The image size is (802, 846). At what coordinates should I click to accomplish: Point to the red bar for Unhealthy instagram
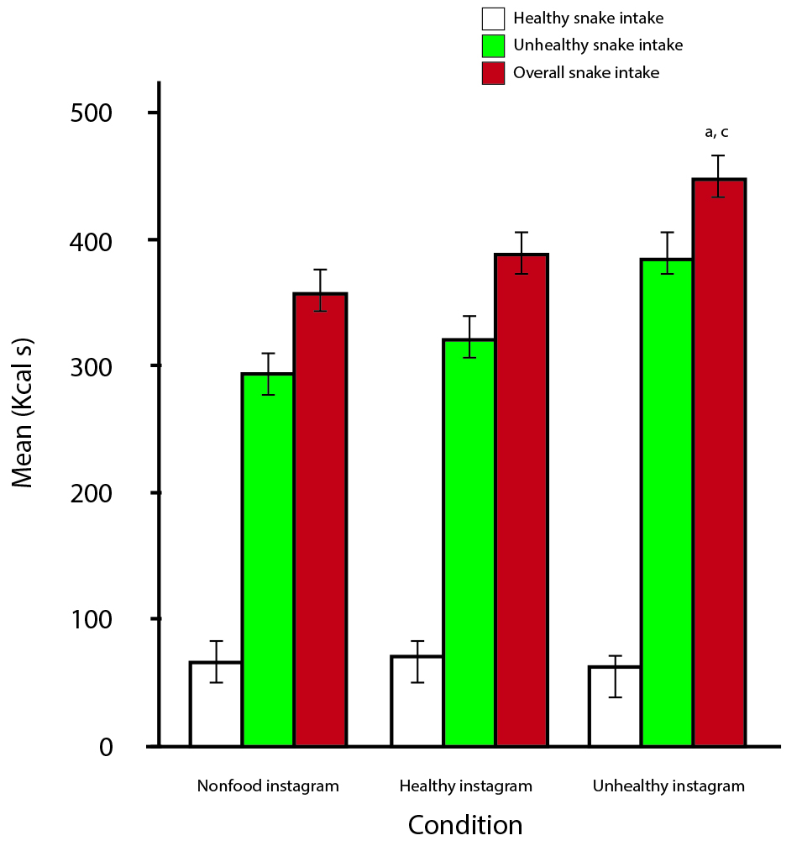(720, 462)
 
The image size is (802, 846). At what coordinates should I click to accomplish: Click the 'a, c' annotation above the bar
(716, 132)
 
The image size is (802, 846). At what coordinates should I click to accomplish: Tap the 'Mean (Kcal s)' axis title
(23, 430)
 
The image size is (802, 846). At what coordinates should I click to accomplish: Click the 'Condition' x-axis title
(465, 824)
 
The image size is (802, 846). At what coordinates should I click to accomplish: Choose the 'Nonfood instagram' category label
(268, 787)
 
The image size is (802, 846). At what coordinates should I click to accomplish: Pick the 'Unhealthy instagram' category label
(668, 787)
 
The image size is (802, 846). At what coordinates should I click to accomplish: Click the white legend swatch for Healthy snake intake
(493, 18)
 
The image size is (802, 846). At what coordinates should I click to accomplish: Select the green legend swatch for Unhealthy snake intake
(493, 45)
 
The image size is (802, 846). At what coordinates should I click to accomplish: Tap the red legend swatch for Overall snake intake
(493, 73)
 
